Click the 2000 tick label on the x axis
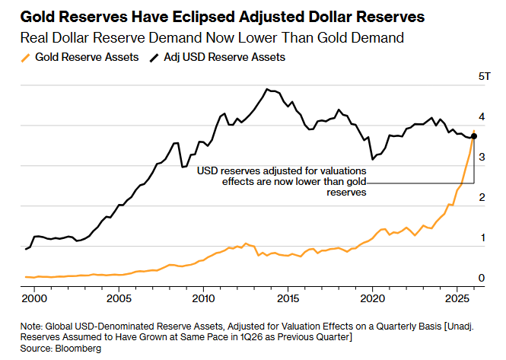tap(33, 298)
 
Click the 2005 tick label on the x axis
tap(118, 298)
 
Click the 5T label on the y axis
tap(484, 77)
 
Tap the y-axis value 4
tap(481, 118)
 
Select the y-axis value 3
tap(481, 157)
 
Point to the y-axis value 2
tap(481, 198)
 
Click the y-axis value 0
tap(481, 279)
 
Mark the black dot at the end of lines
tap(474, 136)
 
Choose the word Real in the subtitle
tap(40, 37)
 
